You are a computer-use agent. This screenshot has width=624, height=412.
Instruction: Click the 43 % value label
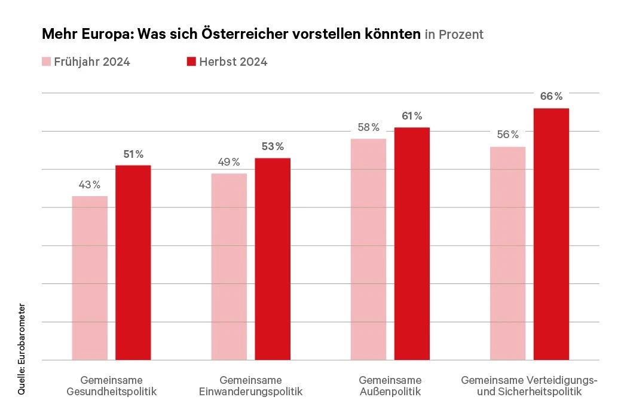click(x=90, y=185)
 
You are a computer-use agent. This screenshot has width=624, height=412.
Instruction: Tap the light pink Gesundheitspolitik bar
click(x=90, y=277)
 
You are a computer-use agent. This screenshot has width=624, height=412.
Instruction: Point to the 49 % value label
click(x=229, y=162)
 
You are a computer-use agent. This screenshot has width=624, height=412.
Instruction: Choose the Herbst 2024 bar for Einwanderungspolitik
click(x=273, y=258)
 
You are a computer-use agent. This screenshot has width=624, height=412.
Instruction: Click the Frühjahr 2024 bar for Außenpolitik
click(x=368, y=249)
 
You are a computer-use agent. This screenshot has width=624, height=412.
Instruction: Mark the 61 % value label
click(x=412, y=116)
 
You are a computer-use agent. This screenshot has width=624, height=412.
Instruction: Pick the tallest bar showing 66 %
click(x=551, y=234)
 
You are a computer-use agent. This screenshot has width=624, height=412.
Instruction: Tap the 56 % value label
click(x=507, y=135)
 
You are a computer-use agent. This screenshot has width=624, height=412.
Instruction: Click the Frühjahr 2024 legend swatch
click(x=46, y=62)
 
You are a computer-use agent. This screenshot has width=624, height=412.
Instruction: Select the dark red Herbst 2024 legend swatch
click(x=191, y=62)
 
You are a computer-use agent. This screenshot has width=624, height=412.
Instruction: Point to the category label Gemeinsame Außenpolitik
click(x=390, y=386)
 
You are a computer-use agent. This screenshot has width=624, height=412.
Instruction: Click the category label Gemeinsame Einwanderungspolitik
click(x=250, y=386)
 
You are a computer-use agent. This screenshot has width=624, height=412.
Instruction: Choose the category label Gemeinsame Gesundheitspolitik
click(x=111, y=386)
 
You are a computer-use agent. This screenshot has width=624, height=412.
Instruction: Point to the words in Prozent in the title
click(x=454, y=35)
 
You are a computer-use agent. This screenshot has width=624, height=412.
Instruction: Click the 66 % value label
click(x=551, y=96)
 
